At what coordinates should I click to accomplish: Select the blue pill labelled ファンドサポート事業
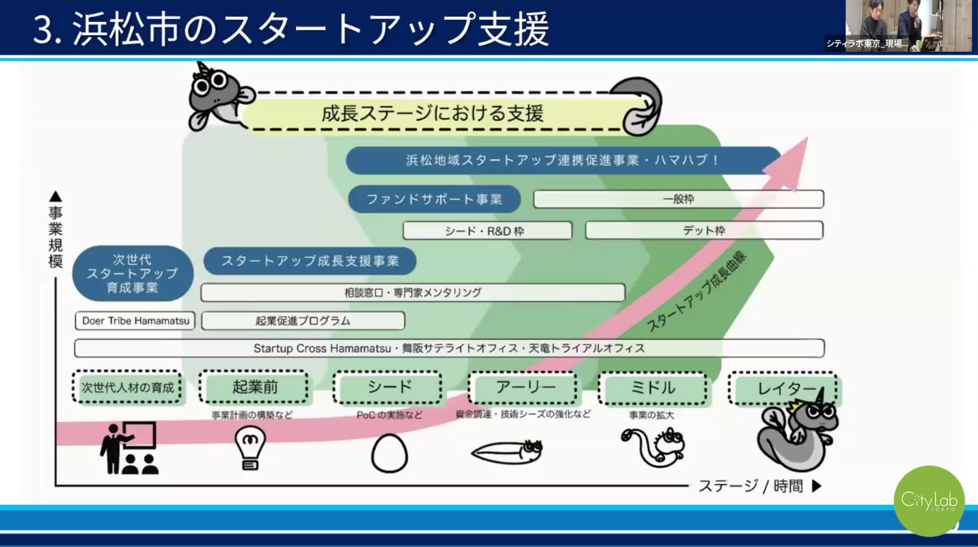pos(434,199)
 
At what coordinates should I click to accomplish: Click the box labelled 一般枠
pos(678,199)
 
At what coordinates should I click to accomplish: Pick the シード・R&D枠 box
pos(487,231)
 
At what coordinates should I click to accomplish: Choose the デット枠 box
pos(704,231)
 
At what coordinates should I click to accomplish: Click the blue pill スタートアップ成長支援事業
pos(310,262)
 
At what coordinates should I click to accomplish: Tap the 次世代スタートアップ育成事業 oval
pos(133,273)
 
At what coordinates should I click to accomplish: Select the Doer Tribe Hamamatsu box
pos(135,320)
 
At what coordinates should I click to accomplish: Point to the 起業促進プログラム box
pos(303,320)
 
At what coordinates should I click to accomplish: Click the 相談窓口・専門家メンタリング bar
pos(413,292)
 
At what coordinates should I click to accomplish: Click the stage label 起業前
pos(254,388)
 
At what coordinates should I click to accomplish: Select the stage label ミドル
pos(653,388)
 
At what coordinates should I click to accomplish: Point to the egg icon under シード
pos(389,453)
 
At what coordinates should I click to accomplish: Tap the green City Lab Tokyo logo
pos(929,501)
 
